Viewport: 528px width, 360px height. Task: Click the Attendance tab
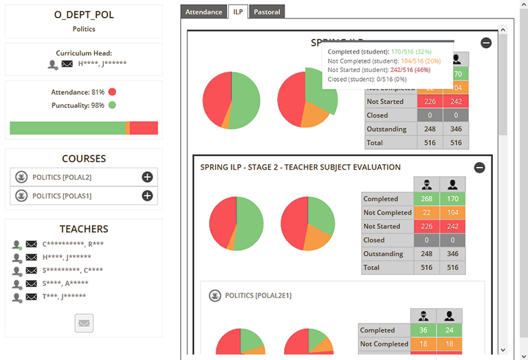204,12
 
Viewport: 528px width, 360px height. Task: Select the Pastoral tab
266,12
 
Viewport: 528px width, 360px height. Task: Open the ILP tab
238,12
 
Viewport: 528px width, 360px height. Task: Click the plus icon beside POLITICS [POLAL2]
147,177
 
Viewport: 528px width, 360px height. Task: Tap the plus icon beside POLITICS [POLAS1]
147,196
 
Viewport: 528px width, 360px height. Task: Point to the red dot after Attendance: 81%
112,92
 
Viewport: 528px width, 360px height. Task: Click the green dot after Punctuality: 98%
112,106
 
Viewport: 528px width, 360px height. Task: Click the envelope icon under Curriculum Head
67,65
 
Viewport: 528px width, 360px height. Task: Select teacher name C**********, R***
73,245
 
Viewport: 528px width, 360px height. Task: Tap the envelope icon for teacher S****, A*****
31,284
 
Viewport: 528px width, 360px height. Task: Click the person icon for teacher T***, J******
17,297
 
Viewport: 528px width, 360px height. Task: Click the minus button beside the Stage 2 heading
479,168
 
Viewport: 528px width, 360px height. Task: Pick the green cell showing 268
427,199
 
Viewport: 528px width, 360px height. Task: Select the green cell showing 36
423,330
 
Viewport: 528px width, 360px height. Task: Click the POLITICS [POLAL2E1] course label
258,295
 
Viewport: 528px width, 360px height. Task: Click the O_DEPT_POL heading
84,15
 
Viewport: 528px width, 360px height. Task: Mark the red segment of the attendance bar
144,128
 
